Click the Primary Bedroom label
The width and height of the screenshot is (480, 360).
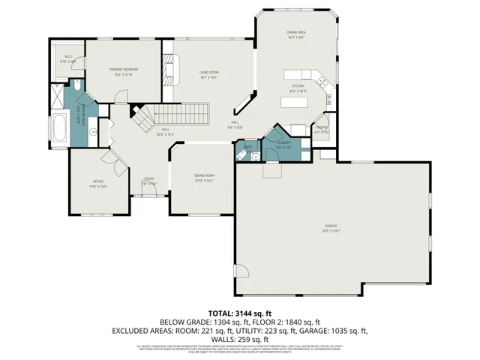coord(122,69)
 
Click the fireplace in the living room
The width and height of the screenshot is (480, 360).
coord(169,73)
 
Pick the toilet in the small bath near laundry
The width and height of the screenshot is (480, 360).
coord(242,155)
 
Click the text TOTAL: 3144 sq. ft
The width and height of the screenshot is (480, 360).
coord(239,313)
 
